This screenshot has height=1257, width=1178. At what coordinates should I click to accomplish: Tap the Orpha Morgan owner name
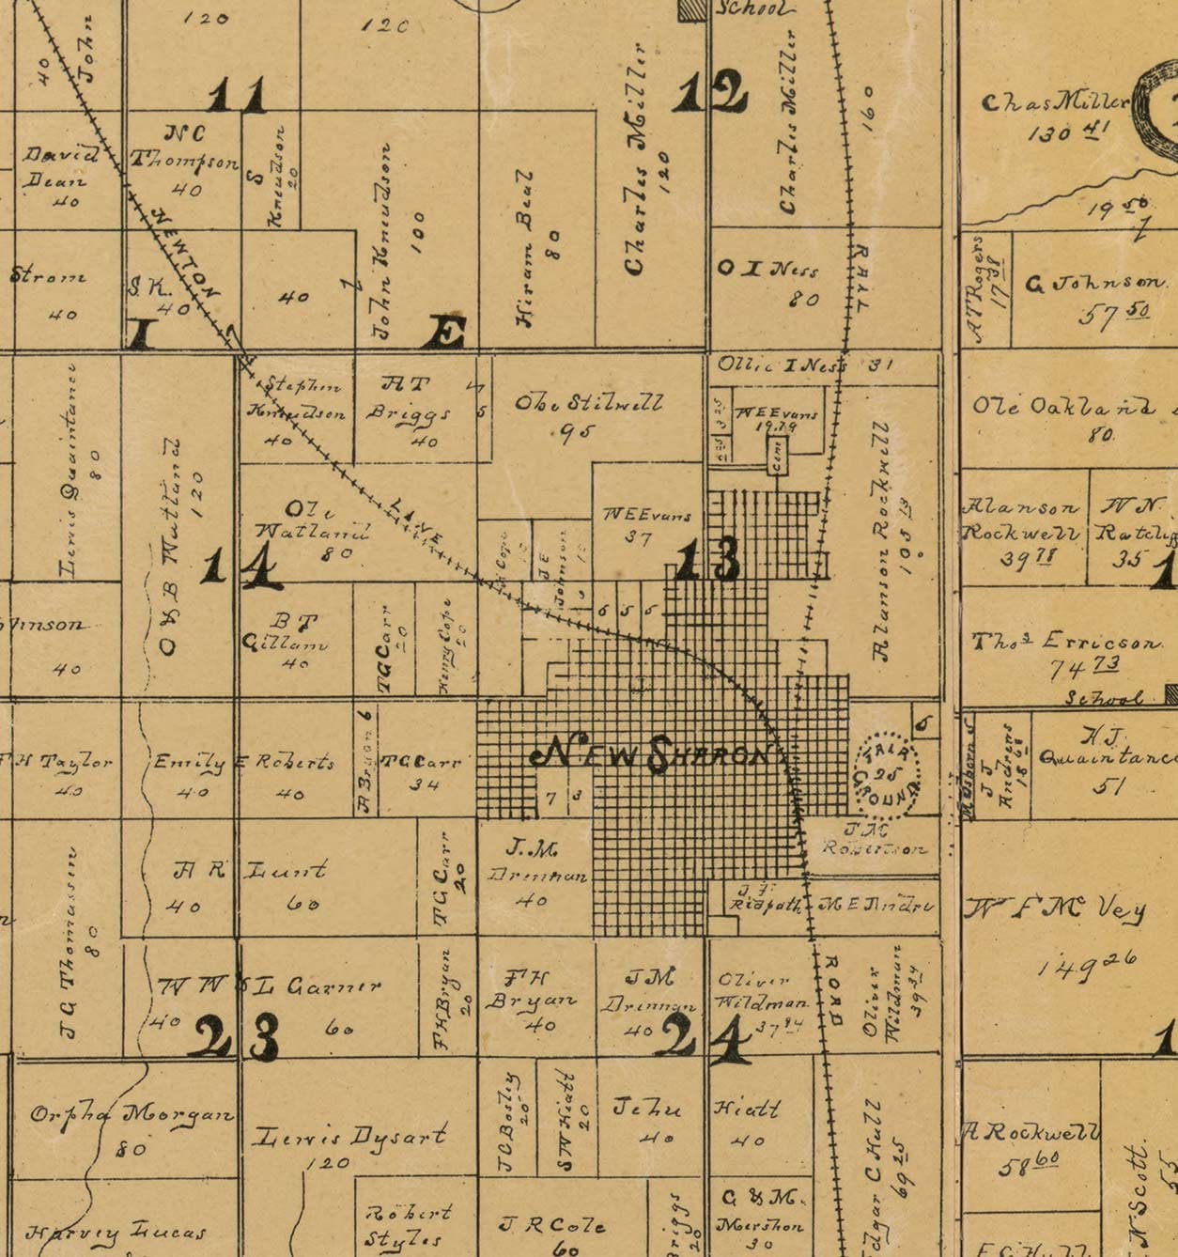point(132,1115)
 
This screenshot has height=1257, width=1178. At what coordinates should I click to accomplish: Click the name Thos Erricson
point(1066,643)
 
